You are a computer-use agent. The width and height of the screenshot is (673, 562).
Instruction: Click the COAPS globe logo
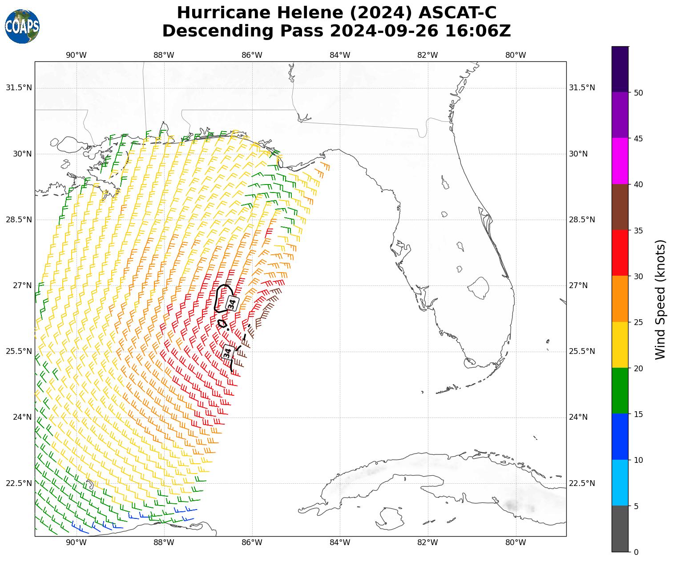(x=22, y=27)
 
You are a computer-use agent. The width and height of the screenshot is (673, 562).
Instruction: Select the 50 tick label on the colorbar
(x=638, y=92)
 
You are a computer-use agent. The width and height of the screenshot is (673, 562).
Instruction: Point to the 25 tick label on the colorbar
(x=638, y=322)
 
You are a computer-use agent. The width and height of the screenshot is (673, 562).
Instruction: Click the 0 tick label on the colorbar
(x=636, y=552)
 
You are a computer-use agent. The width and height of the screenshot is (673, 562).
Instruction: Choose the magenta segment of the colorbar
(x=620, y=161)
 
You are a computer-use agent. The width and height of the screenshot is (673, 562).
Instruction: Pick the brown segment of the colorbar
(x=620, y=207)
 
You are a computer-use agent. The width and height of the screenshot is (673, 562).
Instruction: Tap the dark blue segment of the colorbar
(x=620, y=437)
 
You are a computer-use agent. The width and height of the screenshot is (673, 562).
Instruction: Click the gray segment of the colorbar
(x=620, y=529)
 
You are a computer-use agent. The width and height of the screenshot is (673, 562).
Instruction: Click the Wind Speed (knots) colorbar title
(x=661, y=299)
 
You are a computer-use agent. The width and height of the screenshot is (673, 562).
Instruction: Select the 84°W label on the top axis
(x=340, y=55)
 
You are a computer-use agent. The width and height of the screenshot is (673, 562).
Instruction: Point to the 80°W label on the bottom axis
(x=516, y=542)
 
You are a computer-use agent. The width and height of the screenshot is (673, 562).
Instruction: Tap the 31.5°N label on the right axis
(x=582, y=88)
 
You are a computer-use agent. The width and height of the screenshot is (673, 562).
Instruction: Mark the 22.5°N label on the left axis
(x=19, y=483)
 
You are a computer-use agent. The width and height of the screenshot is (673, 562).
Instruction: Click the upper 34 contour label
(x=232, y=304)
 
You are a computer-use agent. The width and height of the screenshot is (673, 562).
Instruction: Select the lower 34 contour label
(x=227, y=353)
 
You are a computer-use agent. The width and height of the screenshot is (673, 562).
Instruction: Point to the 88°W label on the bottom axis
(x=164, y=542)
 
